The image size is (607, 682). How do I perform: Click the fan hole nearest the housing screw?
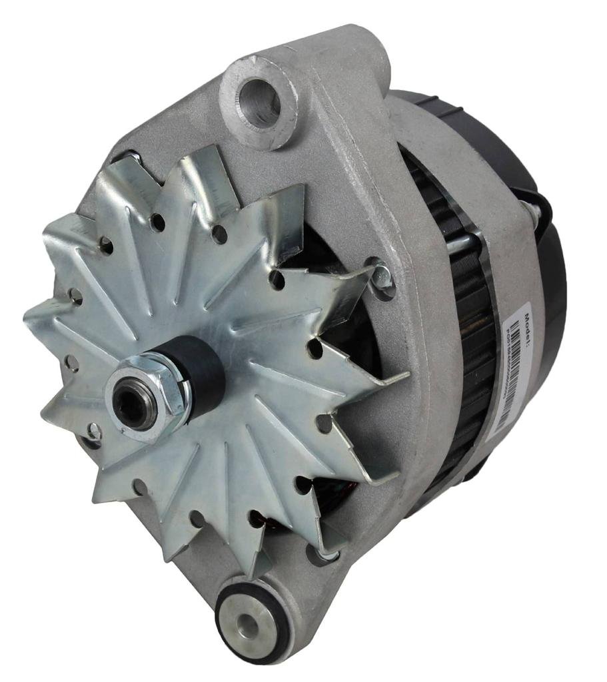pyautogui.click(x=278, y=279)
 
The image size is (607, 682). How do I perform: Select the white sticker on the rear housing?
pyautogui.click(x=513, y=373)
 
